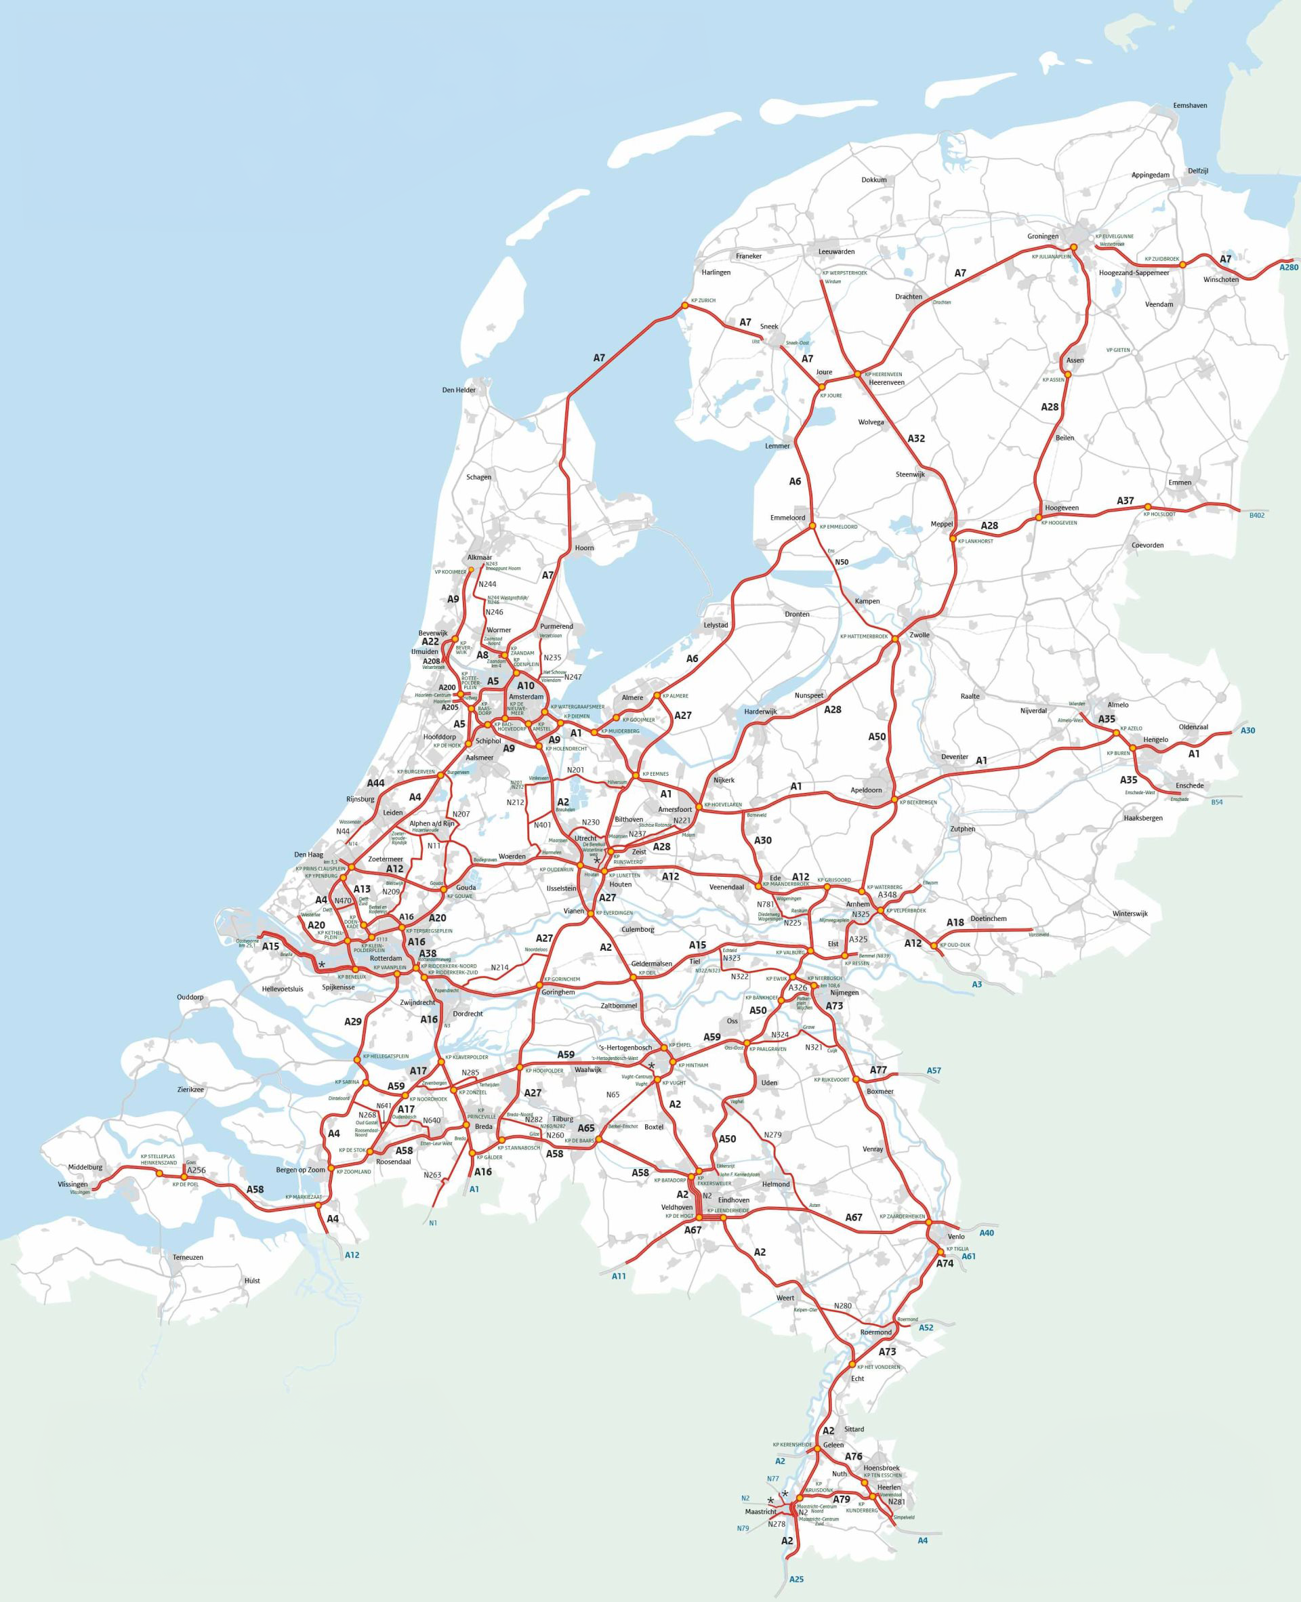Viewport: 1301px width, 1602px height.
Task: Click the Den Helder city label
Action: pyautogui.click(x=459, y=390)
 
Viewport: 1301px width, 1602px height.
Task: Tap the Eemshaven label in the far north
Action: pyautogui.click(x=1190, y=106)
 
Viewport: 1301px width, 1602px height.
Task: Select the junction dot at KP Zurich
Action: pyautogui.click(x=684, y=306)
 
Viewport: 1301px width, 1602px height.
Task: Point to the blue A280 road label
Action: pyautogui.click(x=1288, y=267)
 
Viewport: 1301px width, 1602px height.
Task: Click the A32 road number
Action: pyautogui.click(x=916, y=438)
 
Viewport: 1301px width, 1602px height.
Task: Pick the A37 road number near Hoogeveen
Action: pyautogui.click(x=1125, y=501)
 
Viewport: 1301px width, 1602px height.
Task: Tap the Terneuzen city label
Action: pyautogui.click(x=188, y=1257)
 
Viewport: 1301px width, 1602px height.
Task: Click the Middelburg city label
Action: pyautogui.click(x=85, y=1168)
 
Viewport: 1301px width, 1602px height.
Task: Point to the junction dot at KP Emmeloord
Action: pyautogui.click(x=812, y=526)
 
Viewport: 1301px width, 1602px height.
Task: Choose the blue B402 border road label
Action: pyautogui.click(x=1257, y=516)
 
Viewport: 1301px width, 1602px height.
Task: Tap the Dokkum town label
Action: pyautogui.click(x=874, y=180)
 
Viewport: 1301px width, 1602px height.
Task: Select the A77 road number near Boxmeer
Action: pyautogui.click(x=878, y=1070)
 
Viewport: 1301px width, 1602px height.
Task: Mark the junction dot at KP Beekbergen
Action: pyautogui.click(x=894, y=800)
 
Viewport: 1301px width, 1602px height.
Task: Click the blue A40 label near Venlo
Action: pyautogui.click(x=986, y=1233)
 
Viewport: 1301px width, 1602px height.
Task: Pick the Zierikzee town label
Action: pyautogui.click(x=190, y=1090)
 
